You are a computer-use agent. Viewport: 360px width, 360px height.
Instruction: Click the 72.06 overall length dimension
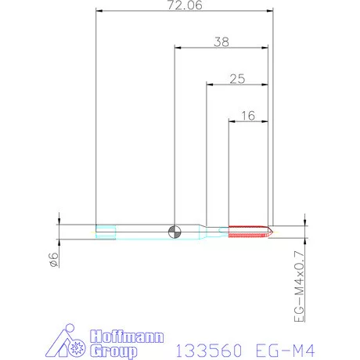pyautogui.click(x=185, y=5)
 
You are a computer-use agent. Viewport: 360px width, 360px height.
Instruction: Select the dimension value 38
pyautogui.click(x=221, y=41)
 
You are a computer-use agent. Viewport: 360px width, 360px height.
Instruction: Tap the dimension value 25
pyautogui.click(x=237, y=79)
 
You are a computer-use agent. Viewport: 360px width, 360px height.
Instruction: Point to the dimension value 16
pyautogui.click(x=248, y=116)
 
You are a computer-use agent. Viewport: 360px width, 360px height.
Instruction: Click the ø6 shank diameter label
pyautogui.click(x=53, y=260)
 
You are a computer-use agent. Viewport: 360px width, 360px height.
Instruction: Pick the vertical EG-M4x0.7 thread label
pyautogui.click(x=299, y=286)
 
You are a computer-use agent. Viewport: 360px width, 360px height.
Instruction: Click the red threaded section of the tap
pyautogui.click(x=248, y=232)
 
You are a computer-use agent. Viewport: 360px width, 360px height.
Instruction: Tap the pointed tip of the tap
pyautogui.click(x=273, y=232)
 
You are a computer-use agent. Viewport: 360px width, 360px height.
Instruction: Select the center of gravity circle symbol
pyautogui.click(x=175, y=232)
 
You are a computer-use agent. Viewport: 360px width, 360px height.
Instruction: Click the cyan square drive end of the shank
pyautogui.click(x=106, y=232)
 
